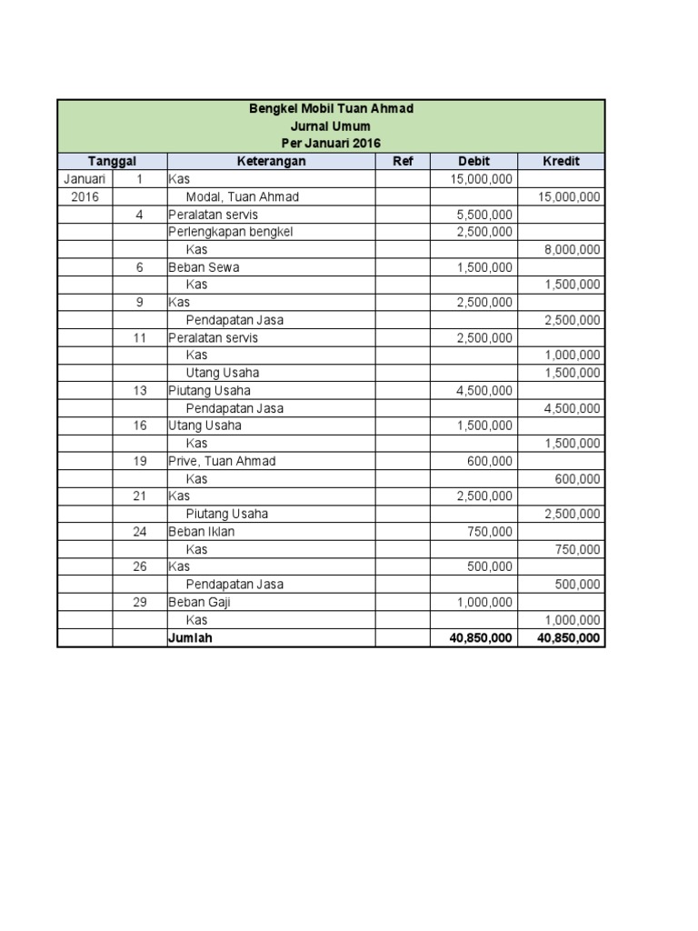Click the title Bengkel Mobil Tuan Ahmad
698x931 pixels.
[331, 108]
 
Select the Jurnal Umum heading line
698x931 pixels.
[331, 126]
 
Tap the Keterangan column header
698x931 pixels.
[271, 161]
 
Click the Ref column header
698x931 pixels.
[403, 161]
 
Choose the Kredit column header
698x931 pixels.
[561, 161]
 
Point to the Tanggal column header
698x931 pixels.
[112, 161]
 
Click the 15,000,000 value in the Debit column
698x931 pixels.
[481, 179]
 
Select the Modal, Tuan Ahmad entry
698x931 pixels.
[242, 196]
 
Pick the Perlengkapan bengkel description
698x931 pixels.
[231, 232]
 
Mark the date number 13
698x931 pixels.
[139, 391]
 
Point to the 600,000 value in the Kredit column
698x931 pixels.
[577, 479]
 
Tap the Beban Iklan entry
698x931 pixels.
[201, 532]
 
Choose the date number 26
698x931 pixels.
[139, 566]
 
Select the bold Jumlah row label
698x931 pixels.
[190, 638]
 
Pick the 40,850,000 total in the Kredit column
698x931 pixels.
[568, 638]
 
